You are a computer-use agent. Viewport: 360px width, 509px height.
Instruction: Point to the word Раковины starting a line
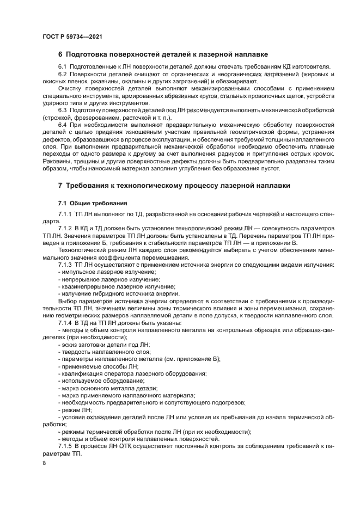click(x=57, y=161)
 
